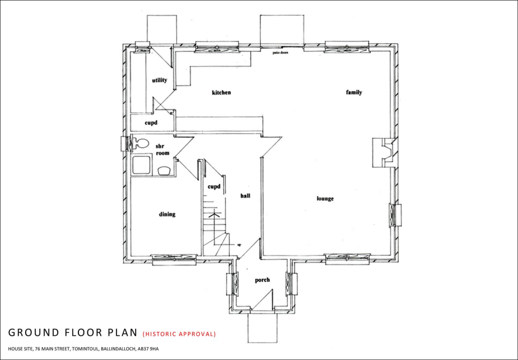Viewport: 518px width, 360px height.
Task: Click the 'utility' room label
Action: pos(159,80)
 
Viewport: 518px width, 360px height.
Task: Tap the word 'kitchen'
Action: pos(221,93)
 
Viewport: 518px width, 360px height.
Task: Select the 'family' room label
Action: pos(354,93)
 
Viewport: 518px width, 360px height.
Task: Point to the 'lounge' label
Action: pos(325,198)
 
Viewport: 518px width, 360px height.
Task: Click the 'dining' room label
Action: pos(167,214)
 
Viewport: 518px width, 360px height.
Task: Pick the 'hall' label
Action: pos(246,195)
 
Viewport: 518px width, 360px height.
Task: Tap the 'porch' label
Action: pos(262,280)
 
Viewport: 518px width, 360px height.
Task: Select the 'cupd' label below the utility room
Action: pos(151,123)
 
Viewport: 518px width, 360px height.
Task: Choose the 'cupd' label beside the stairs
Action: pos(214,187)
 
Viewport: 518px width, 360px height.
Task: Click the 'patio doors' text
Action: pos(280,52)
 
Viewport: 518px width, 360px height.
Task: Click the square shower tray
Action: pos(141,165)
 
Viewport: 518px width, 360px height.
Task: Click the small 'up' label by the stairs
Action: pos(238,245)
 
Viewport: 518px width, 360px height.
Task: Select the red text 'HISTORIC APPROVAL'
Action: pos(180,334)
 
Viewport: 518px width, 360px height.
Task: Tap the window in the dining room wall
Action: pos(174,260)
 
